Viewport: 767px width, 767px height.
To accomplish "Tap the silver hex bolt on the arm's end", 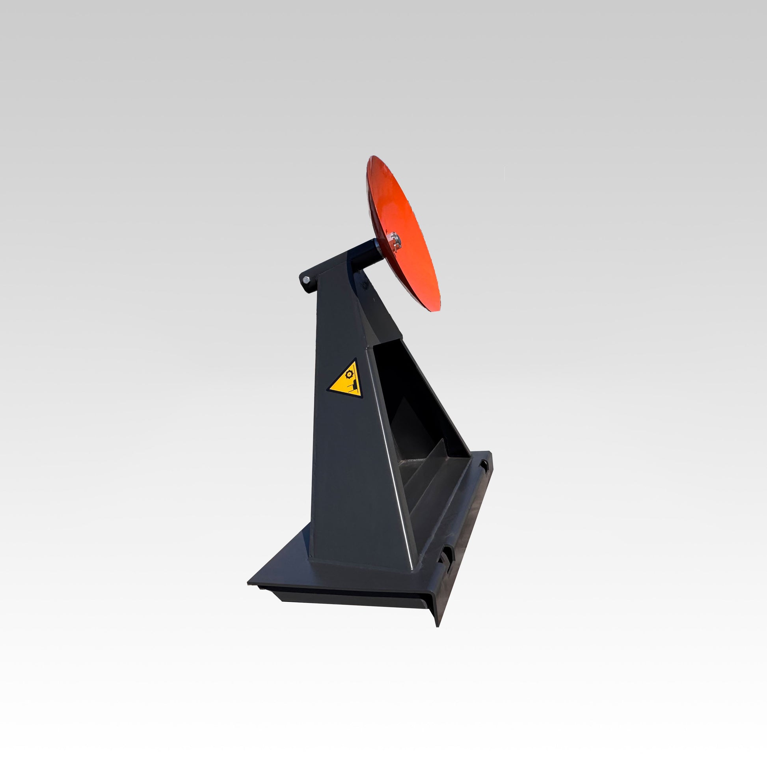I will tap(306, 280).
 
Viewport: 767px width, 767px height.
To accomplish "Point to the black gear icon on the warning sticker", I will tap(349, 374).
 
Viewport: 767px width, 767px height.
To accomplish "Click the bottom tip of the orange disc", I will tap(437, 311).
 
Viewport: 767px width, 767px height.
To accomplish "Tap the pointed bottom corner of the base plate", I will tap(437, 626).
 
